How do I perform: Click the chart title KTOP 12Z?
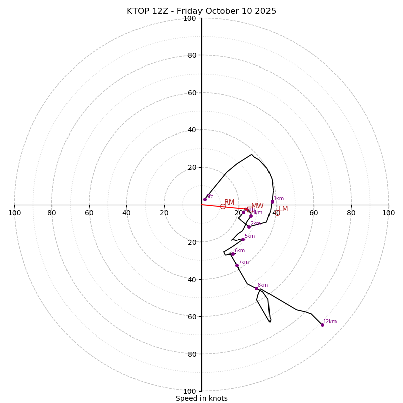tap(201, 11)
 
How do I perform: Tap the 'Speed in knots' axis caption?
tap(201, 398)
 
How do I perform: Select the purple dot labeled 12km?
tap(322, 325)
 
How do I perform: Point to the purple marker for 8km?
tap(256, 288)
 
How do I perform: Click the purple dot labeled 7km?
tap(237, 265)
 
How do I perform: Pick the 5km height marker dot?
tap(243, 239)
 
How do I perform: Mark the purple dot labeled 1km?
tap(272, 201)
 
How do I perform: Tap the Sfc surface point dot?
tap(205, 199)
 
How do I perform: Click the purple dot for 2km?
tap(249, 227)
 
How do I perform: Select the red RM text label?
tap(229, 203)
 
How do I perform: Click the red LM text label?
tap(283, 209)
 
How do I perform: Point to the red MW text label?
tap(257, 206)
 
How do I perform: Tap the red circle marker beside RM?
tap(223, 207)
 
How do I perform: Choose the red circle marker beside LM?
tap(277, 213)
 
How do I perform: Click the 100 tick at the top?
tap(190, 18)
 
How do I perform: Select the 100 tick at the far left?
tap(14, 213)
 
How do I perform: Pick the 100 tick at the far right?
tap(388, 213)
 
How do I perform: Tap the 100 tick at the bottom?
tap(190, 391)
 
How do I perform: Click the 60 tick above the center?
tap(192, 93)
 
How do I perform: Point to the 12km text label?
tap(330, 322)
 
